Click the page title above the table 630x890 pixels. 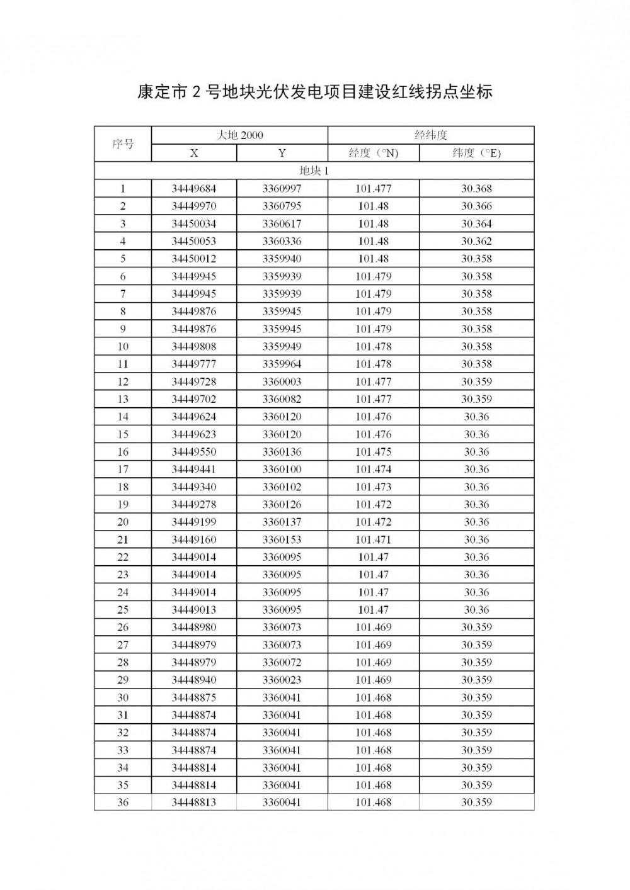point(314,92)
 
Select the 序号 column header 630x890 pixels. point(123,144)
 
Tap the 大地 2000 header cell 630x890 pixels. point(239,135)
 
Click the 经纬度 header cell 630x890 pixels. point(431,135)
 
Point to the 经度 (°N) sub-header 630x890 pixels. point(374,153)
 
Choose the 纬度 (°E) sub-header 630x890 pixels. point(476,153)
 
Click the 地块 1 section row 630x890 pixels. point(314,171)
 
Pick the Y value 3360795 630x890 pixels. point(282,206)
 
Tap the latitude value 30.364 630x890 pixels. point(476,224)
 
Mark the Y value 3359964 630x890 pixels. point(282,364)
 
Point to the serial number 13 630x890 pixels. point(123,399)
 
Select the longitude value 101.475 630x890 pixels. point(374,452)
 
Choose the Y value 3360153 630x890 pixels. point(282,539)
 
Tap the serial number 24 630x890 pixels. point(123,592)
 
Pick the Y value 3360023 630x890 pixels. point(282,680)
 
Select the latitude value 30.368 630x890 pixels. point(476,189)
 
